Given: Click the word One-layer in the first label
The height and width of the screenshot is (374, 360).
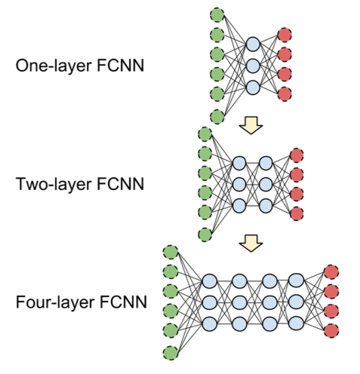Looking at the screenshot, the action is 54,66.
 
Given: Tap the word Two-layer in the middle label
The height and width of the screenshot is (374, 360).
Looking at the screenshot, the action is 53,184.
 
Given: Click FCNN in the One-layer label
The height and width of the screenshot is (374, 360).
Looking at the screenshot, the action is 121,66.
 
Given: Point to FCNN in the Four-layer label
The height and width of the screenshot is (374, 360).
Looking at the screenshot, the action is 123,302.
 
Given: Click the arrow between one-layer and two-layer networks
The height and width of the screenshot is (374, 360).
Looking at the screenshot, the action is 251,125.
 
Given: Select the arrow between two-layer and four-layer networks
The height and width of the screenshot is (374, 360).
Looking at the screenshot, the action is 251,243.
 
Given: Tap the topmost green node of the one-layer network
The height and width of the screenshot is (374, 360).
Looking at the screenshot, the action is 217,15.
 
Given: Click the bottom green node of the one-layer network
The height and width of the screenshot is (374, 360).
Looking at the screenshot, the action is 217,117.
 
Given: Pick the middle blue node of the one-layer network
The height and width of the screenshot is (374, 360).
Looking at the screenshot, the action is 253,66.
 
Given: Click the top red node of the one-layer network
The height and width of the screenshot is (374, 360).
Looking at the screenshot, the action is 285,35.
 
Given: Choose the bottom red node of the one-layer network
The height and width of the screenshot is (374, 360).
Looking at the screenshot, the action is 285,93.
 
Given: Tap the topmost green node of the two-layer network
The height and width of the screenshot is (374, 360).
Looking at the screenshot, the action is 205,134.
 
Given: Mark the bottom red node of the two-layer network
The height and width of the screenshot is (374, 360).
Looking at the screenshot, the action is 297,213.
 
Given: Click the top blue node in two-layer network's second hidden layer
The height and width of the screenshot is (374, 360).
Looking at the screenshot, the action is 266,163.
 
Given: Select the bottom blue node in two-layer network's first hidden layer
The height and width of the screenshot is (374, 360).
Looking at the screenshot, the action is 239,206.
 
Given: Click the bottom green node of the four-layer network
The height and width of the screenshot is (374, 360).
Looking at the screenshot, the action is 171,353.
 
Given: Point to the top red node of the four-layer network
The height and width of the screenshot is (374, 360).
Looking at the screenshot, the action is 331,272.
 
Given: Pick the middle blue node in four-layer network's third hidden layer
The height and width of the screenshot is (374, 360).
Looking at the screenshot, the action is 269,302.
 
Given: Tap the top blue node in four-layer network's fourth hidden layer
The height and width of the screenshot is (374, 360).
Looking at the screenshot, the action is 296,280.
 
